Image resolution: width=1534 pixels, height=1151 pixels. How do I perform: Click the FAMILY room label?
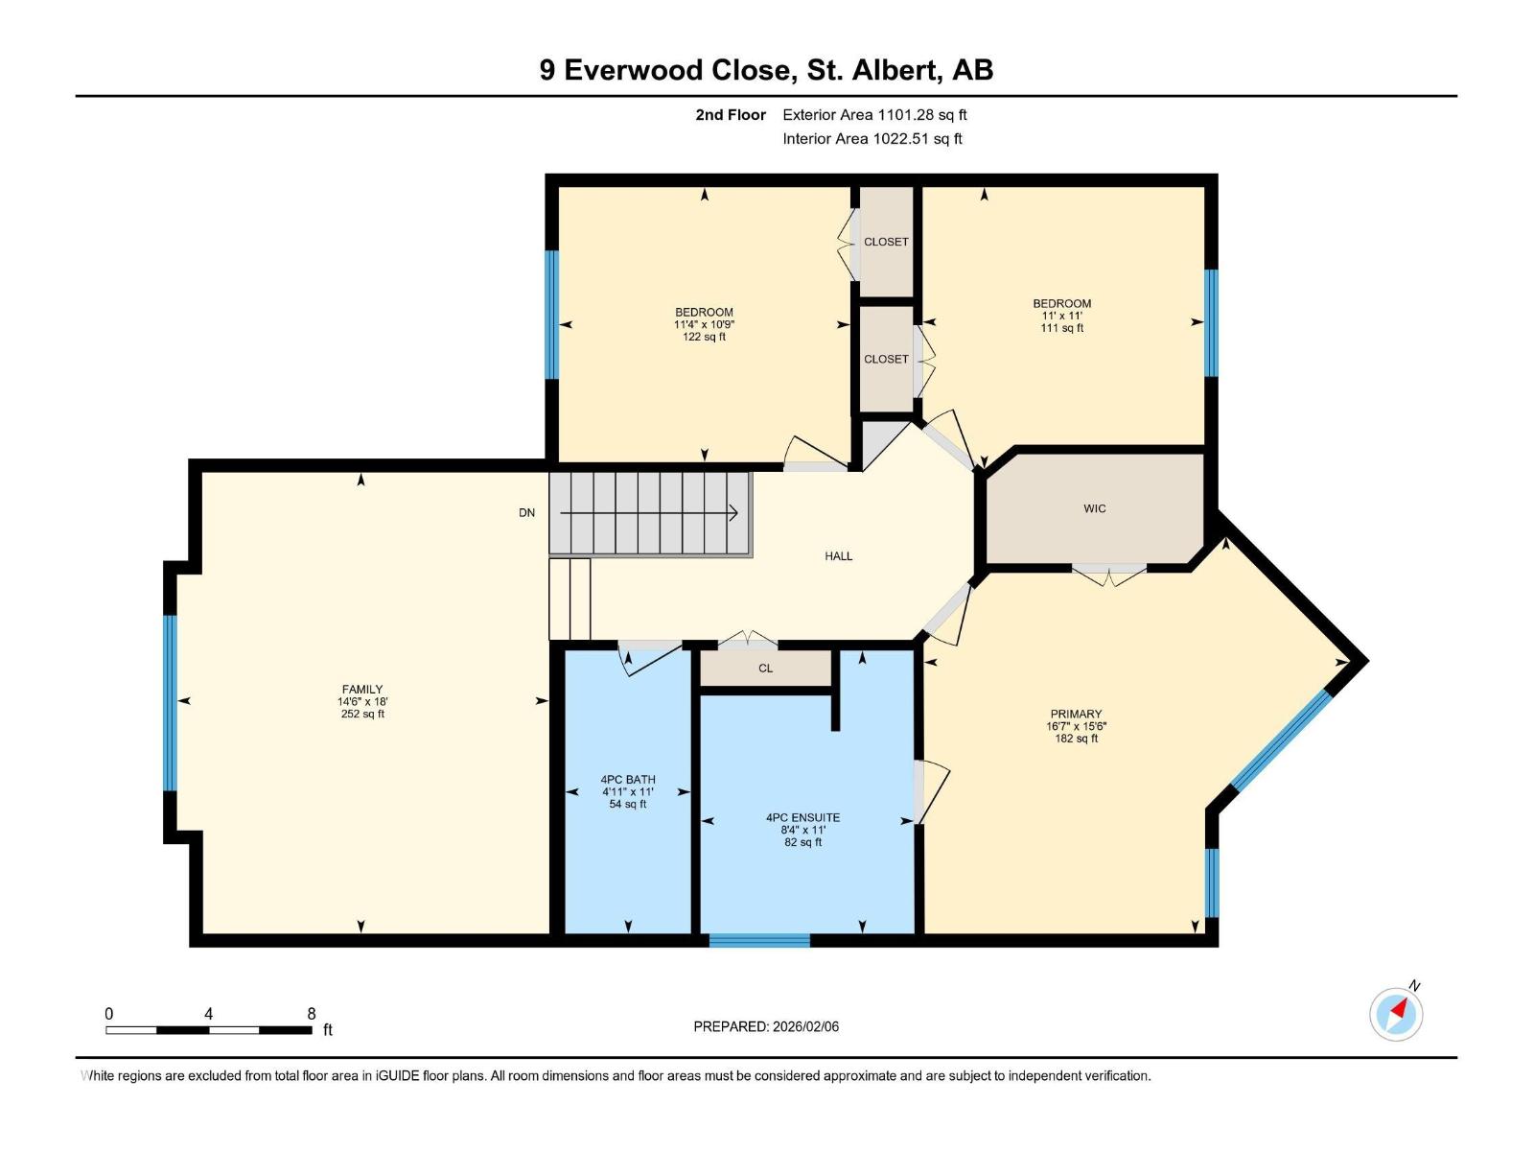pyautogui.click(x=362, y=689)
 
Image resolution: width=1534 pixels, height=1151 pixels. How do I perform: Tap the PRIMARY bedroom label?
pyautogui.click(x=1076, y=714)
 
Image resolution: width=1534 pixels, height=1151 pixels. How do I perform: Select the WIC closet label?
pyautogui.click(x=1095, y=508)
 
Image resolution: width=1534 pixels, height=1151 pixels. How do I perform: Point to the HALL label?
pyautogui.click(x=838, y=556)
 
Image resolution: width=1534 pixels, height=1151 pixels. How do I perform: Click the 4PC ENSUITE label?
pyautogui.click(x=802, y=817)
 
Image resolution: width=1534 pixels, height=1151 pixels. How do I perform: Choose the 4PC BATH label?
pyautogui.click(x=628, y=779)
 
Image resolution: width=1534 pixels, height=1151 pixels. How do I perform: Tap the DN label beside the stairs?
pyautogui.click(x=526, y=513)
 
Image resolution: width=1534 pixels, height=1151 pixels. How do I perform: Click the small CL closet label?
pyautogui.click(x=765, y=669)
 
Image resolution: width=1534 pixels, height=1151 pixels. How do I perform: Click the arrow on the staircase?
pyautogui.click(x=649, y=513)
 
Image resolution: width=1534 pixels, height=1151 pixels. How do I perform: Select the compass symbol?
pyautogui.click(x=1396, y=1014)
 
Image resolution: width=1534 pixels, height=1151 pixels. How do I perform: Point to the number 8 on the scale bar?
pyautogui.click(x=311, y=1013)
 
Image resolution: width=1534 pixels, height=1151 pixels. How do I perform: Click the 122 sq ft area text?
pyautogui.click(x=704, y=337)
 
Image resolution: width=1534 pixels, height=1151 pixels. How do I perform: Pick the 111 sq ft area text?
pyautogui.click(x=1061, y=328)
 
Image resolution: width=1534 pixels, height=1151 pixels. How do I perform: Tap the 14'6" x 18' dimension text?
pyautogui.click(x=362, y=702)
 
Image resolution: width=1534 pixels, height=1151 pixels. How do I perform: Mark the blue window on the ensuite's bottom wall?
pyautogui.click(x=759, y=941)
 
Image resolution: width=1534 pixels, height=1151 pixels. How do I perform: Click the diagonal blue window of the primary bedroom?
pyautogui.click(x=1281, y=740)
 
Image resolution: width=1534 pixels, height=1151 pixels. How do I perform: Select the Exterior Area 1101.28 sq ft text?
pyautogui.click(x=874, y=114)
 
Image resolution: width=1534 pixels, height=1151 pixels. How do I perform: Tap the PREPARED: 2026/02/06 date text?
pyautogui.click(x=766, y=1026)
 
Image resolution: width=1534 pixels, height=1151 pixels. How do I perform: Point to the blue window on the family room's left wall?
pyautogui.click(x=170, y=703)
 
